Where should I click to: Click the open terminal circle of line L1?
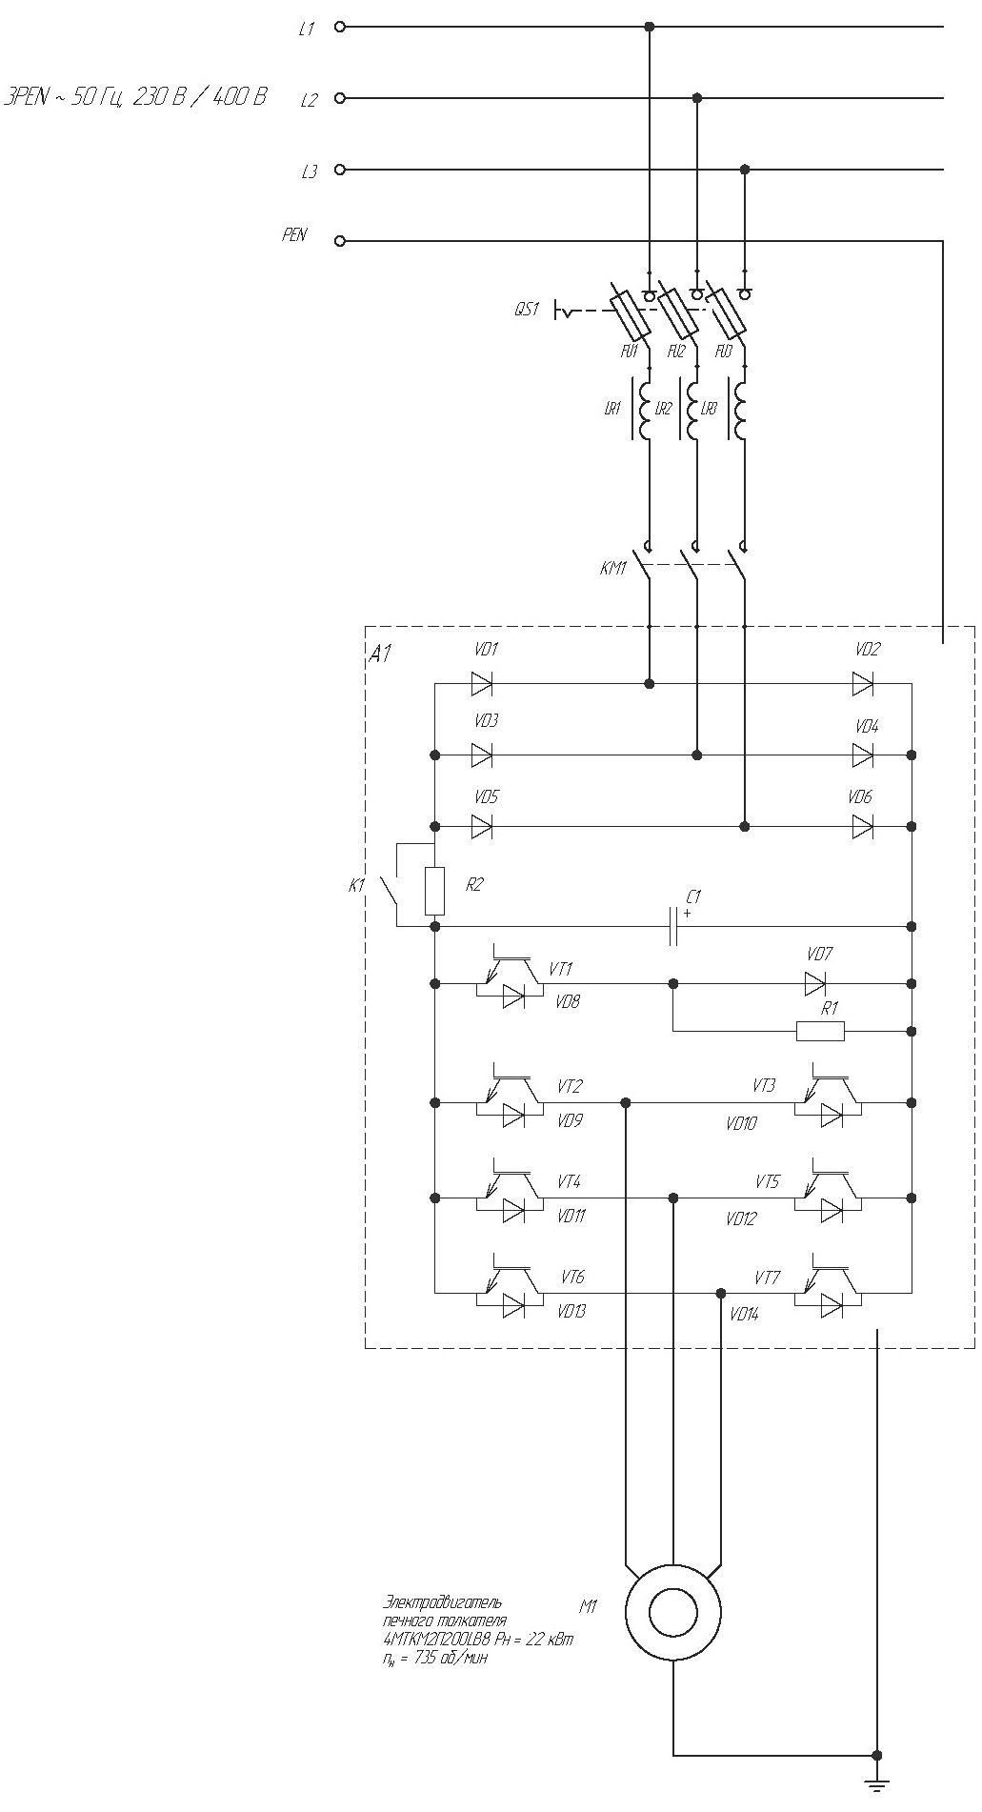point(340,27)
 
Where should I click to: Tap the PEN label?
point(294,234)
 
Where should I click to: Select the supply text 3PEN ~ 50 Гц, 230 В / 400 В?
point(135,97)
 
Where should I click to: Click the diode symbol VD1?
point(482,683)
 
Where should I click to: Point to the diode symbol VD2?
point(863,683)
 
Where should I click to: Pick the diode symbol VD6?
point(863,827)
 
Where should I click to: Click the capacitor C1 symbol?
point(673,926)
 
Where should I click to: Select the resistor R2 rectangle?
point(434,890)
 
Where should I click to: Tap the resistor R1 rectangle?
point(820,1031)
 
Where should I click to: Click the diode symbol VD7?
point(814,983)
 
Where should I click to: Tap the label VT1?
point(561,969)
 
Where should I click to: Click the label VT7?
point(768,1278)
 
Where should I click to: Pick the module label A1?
point(380,654)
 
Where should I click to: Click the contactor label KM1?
point(613,569)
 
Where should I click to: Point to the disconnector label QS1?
point(528,310)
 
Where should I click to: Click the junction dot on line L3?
point(745,170)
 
